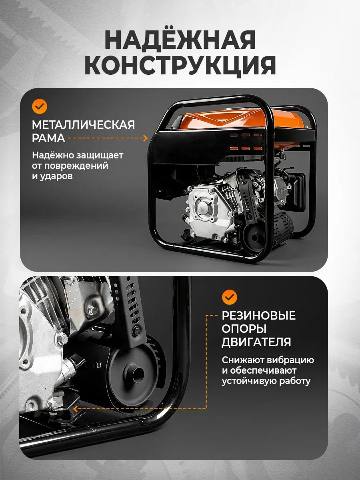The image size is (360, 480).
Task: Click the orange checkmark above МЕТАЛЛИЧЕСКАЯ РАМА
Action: [x=40, y=106]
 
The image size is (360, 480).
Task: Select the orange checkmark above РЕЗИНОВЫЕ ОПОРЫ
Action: [x=230, y=297]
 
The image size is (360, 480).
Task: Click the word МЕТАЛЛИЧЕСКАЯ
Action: [x=83, y=125]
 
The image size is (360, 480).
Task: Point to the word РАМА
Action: [x=48, y=138]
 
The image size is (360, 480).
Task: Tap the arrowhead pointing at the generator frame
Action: [x=145, y=138]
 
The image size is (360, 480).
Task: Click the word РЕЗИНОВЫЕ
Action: [x=258, y=316]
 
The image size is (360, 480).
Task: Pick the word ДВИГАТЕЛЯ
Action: [x=256, y=342]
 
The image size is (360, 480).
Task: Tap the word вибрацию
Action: [x=290, y=360]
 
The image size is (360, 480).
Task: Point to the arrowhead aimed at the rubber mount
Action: [x=76, y=408]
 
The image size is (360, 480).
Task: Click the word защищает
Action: [x=100, y=156]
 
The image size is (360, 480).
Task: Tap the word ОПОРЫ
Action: [x=244, y=329]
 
